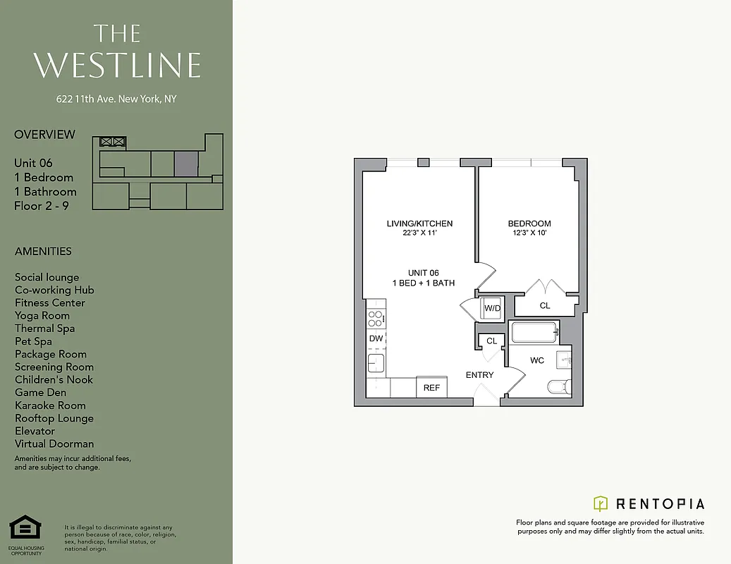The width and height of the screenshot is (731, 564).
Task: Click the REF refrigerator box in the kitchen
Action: pos(432,388)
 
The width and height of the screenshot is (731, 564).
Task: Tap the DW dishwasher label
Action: pos(376,338)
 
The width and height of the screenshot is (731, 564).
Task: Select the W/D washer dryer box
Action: pos(492,308)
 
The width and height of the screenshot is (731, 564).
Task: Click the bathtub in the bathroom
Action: pos(534,332)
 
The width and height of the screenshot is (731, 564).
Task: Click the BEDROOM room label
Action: pos(529,224)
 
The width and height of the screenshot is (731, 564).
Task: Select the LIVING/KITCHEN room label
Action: pos(419,224)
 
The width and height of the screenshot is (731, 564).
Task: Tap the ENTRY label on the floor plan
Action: pos(480,375)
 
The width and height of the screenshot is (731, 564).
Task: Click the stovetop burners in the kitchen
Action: pos(376,318)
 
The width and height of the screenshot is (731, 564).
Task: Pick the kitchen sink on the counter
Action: pos(375,363)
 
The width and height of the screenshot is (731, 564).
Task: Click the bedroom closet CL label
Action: pos(545,306)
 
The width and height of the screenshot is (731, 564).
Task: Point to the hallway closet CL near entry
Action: pos(491,341)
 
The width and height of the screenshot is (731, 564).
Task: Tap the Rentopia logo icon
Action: pos(601,503)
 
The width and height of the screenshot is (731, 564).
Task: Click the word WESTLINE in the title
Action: pos(117,65)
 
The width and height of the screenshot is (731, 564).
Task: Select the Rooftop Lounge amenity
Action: pos(54,418)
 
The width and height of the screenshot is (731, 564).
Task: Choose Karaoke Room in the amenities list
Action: pos(50,405)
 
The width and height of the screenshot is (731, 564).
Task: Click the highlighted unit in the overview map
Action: pos(186,164)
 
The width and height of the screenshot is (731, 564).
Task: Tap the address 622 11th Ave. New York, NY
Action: pos(116,99)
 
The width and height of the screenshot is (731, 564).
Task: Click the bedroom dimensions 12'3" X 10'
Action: pos(529,234)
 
